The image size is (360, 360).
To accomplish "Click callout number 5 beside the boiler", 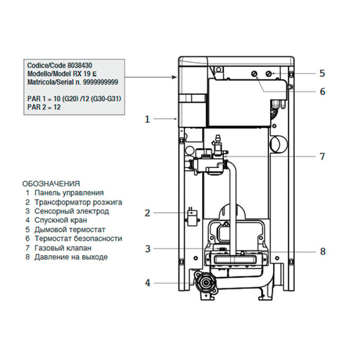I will pyautogui.click(x=322, y=73).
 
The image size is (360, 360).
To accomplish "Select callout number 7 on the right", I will pyautogui.click(x=322, y=156).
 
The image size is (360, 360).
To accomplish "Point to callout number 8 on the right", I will pyautogui.click(x=322, y=251).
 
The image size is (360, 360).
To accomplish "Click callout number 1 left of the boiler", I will pyautogui.click(x=147, y=119).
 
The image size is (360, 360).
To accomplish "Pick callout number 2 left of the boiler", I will pyautogui.click(x=147, y=212).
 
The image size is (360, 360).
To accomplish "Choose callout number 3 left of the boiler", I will pyautogui.click(x=147, y=249).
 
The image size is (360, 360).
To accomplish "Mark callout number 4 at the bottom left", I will pyautogui.click(x=147, y=282).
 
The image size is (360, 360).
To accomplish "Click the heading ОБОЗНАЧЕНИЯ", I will pyautogui.click(x=51, y=183).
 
